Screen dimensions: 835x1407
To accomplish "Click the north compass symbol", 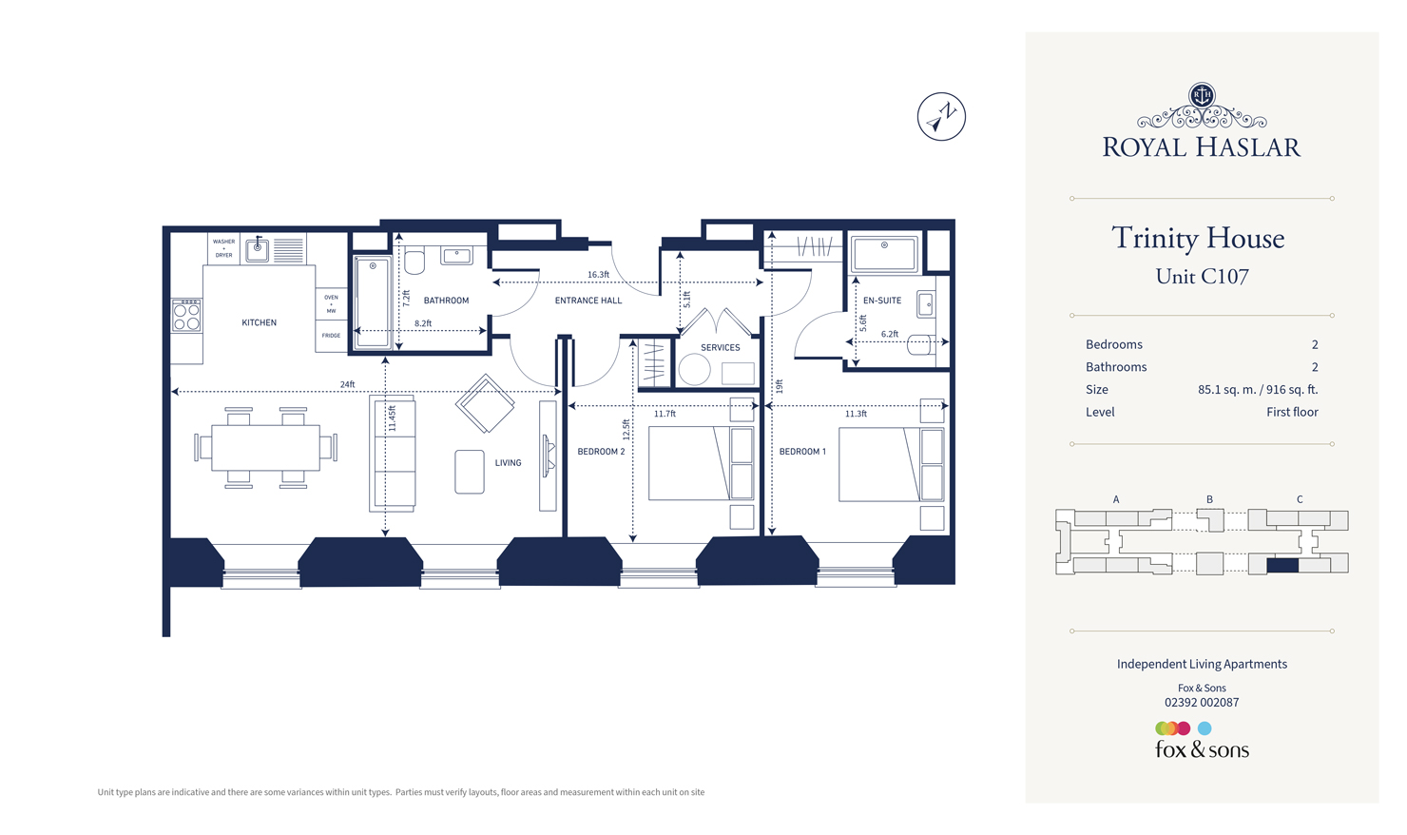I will [941, 117].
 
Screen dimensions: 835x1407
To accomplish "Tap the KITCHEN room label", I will [259, 322].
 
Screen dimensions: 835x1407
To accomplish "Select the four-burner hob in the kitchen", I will [186, 316].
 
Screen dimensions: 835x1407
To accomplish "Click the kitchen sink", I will [257, 250].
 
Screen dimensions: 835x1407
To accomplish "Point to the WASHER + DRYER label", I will [223, 248].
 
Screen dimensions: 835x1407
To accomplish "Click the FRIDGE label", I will [331, 336].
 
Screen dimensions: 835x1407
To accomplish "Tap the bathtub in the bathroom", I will [372, 301].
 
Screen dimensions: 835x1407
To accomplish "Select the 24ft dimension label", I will [347, 384].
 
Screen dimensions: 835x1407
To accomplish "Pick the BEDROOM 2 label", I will [601, 452].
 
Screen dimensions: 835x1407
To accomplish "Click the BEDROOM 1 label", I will [802, 452].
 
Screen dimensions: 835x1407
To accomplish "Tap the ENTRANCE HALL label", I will [588, 301].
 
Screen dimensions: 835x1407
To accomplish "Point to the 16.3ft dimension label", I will [598, 275].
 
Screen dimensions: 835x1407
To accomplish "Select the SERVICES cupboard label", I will [720, 347].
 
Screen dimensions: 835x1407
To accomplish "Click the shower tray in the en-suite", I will [884, 253].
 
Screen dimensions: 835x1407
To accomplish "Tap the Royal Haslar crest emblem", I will [1202, 96].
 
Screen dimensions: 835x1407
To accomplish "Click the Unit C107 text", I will [1202, 277].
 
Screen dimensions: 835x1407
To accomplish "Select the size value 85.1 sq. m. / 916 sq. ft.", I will [1257, 390].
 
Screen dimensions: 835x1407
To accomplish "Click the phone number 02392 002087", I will [1202, 703].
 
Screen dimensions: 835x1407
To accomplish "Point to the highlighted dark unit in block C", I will [1282, 565].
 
